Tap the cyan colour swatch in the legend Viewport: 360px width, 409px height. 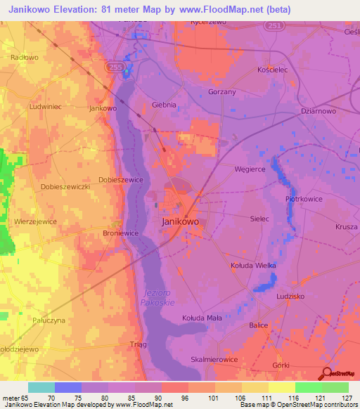(41, 387)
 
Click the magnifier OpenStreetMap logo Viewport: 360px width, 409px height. (327, 373)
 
